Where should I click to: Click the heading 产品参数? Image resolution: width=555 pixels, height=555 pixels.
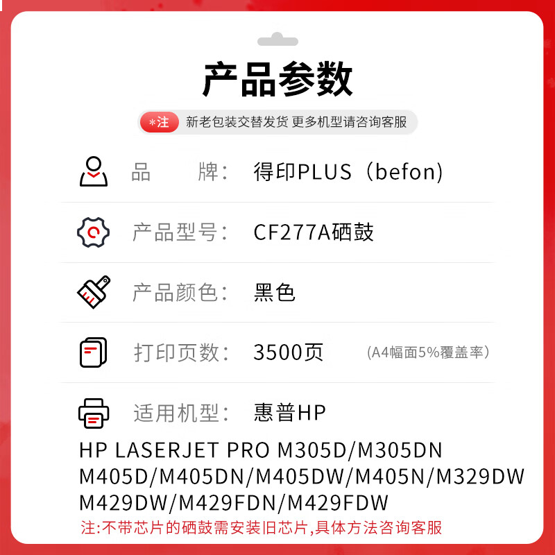click(x=277, y=80)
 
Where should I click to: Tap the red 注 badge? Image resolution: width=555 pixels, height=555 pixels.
click(x=160, y=122)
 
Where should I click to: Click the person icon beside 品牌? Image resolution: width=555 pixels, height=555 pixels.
click(x=93, y=171)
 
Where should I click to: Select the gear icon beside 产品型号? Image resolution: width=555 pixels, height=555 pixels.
click(x=93, y=232)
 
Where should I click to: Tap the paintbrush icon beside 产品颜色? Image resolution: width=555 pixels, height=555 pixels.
click(x=93, y=292)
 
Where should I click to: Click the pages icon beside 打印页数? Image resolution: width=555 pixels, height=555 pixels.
click(x=93, y=352)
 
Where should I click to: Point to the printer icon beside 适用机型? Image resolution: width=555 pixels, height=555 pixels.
click(x=93, y=413)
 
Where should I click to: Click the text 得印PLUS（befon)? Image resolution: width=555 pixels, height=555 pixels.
click(x=348, y=172)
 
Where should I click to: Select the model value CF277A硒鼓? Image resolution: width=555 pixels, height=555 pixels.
click(x=314, y=232)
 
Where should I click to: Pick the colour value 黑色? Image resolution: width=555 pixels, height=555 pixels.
click(x=275, y=293)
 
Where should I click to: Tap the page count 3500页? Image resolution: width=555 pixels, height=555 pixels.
click(x=289, y=352)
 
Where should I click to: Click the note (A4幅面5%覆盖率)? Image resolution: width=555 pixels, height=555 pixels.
click(x=429, y=352)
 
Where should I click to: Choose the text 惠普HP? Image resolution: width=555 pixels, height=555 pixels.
click(x=290, y=413)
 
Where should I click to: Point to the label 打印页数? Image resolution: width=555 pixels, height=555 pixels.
click(x=180, y=352)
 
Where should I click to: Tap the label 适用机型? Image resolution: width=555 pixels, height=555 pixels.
click(x=180, y=413)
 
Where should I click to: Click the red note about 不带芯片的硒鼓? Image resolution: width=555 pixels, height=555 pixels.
click(x=261, y=528)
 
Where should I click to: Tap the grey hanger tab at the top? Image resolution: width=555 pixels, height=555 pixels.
click(x=277, y=40)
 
